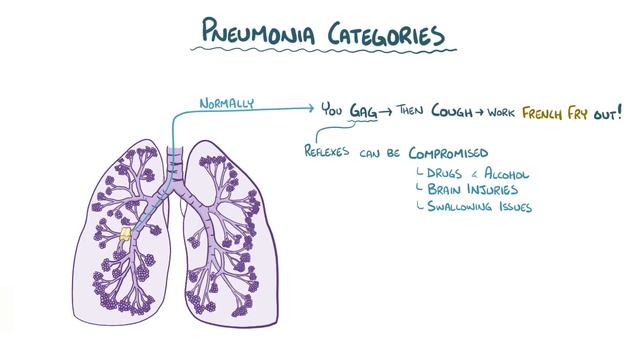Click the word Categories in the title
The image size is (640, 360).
[x=383, y=35]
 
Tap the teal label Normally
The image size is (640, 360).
[x=228, y=102]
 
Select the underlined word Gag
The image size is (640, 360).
[x=363, y=112]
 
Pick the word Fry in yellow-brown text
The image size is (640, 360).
[x=594, y=112]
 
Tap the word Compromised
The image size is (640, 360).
[x=442, y=153]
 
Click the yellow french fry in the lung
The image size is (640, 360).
[x=128, y=237]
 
